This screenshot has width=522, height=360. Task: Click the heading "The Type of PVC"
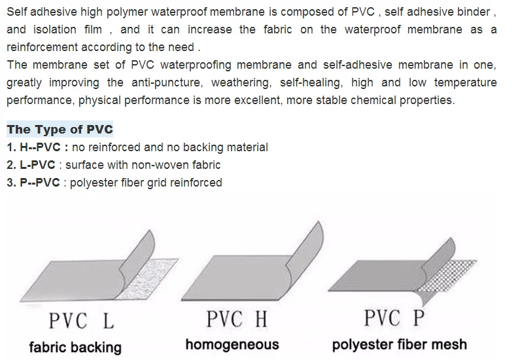(60, 130)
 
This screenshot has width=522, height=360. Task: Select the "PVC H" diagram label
(237, 319)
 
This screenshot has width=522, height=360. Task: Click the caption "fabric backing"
(75, 347)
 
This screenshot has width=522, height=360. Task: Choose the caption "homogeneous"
(232, 344)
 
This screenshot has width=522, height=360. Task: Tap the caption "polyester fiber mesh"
(400, 344)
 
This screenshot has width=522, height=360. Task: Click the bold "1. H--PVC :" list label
(38, 148)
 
